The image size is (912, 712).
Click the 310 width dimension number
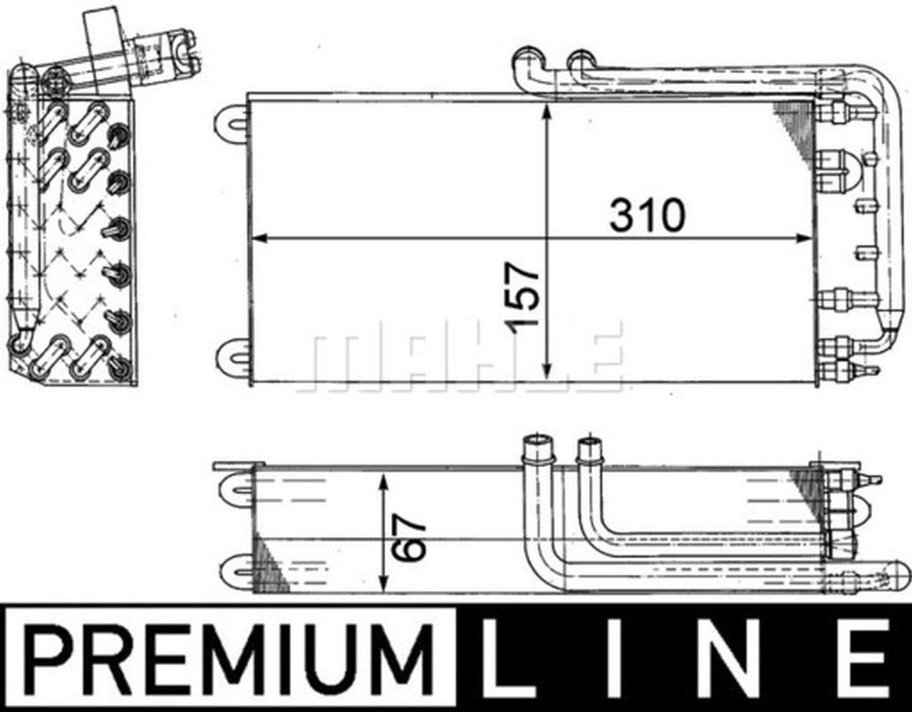tap(646, 215)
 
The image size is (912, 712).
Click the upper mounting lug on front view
tap(232, 120)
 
